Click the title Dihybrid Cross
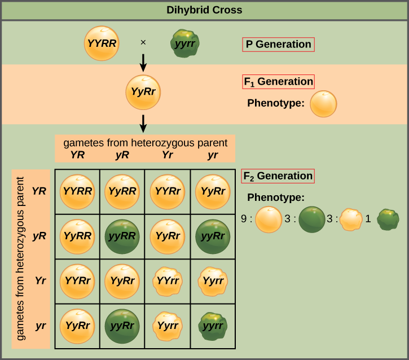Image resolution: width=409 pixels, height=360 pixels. coord(204,10)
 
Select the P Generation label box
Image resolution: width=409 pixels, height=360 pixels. coord(278,45)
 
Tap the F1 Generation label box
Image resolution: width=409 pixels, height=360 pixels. coord(278,82)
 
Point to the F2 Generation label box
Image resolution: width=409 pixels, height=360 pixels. coord(278,176)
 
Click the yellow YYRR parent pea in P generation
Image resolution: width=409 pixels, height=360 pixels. coord(102,42)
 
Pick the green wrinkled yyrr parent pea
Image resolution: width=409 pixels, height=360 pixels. coord(186,43)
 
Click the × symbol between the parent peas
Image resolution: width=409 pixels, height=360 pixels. coord(143,42)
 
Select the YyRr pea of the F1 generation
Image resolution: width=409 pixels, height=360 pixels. coord(143,92)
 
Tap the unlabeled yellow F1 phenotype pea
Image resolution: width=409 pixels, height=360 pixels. coord(323,104)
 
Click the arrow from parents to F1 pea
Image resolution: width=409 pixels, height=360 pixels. coord(143,63)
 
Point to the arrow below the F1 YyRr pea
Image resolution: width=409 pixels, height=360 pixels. coord(143,122)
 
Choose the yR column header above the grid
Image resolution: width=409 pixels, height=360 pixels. coord(122,155)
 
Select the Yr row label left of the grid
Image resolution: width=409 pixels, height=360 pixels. coord(39,280)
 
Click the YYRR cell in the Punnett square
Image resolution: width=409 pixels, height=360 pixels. coord(77,192)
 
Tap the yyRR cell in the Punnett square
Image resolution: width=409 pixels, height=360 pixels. coord(122,236)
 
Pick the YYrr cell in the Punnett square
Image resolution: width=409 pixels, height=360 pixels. coord(168,281)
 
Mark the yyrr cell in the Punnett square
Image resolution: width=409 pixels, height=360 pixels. coord(213,326)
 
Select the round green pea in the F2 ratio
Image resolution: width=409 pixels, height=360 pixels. coord(312,219)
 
